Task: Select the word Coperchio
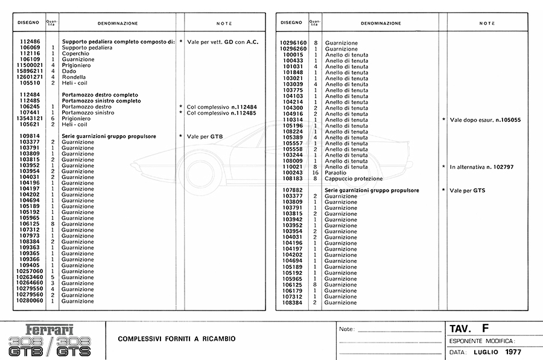(x=75, y=54)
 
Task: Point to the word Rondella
(x=74, y=77)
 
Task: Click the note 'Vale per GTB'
(x=205, y=136)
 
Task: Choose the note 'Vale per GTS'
(x=468, y=191)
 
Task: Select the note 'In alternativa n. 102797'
(x=481, y=166)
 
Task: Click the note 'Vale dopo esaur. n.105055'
(x=485, y=120)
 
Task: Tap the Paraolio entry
(x=336, y=172)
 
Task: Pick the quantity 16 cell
(x=315, y=172)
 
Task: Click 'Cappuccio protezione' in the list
(x=354, y=178)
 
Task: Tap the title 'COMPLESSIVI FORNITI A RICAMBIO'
(x=177, y=338)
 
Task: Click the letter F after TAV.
(x=485, y=329)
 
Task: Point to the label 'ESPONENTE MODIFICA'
(x=482, y=341)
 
